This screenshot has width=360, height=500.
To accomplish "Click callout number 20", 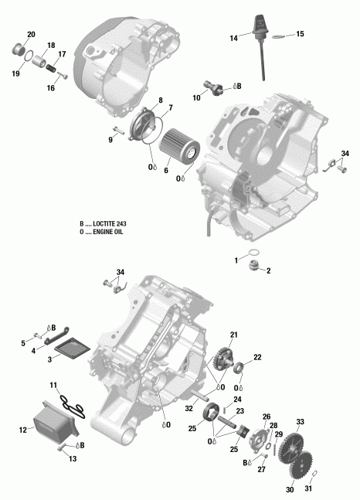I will [x=31, y=35].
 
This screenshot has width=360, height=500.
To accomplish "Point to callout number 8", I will [x=161, y=100].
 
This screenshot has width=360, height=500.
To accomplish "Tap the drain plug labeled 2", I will [x=250, y=268].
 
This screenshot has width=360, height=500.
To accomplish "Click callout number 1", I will [x=236, y=261].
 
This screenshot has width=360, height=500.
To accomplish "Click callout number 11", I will [x=53, y=384].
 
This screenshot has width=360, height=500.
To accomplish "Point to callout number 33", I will [x=301, y=422].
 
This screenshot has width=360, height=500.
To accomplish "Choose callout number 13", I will [x=73, y=459].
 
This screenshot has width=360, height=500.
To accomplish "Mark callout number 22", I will [x=258, y=356].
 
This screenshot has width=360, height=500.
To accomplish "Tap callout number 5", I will [x=24, y=343].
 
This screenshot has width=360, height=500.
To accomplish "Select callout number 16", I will [x=51, y=89].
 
